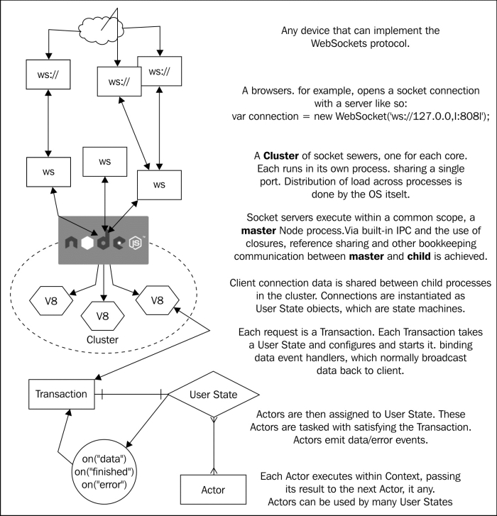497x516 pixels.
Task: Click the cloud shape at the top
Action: point(101,28)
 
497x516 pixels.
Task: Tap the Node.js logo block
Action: point(104,240)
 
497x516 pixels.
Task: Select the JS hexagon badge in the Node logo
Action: point(136,243)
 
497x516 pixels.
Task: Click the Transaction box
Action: point(62,394)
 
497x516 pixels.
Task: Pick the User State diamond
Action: point(214,394)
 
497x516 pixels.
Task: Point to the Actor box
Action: point(213,490)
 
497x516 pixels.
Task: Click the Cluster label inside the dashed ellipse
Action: point(102,339)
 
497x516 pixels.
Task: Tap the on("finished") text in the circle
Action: point(104,472)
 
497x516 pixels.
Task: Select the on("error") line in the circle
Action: point(104,485)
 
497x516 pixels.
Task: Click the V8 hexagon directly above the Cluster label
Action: point(103,317)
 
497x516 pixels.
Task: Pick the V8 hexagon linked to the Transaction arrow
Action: point(158,300)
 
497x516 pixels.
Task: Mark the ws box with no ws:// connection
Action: point(104,162)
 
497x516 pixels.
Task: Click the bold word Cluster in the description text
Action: point(281,155)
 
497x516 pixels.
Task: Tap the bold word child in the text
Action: point(419,256)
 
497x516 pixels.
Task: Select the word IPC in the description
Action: point(403,231)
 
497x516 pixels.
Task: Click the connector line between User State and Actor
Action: point(214,446)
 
